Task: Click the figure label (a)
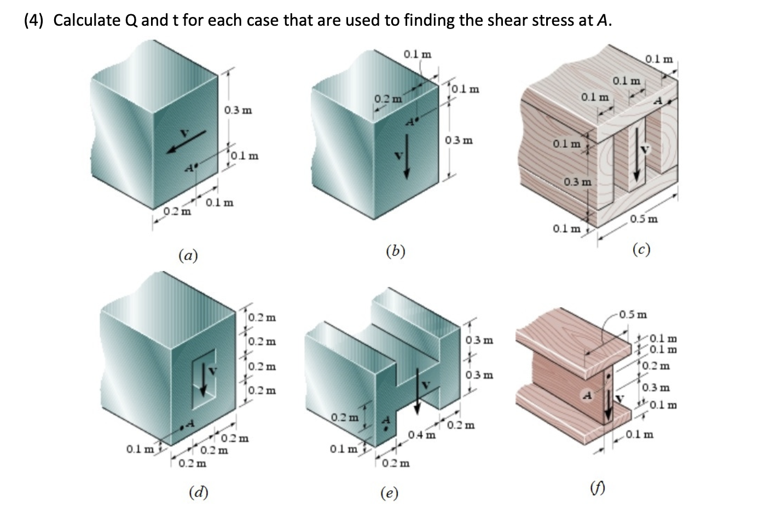pyautogui.click(x=188, y=255)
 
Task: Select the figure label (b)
pyautogui.click(x=395, y=251)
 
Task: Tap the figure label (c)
pyautogui.click(x=641, y=250)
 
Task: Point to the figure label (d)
pyautogui.click(x=198, y=492)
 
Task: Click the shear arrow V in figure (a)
pyautogui.click(x=187, y=141)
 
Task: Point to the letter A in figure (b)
pyautogui.click(x=410, y=122)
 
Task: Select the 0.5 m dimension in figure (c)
pyautogui.click(x=644, y=219)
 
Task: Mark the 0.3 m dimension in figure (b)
pyautogui.click(x=459, y=140)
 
